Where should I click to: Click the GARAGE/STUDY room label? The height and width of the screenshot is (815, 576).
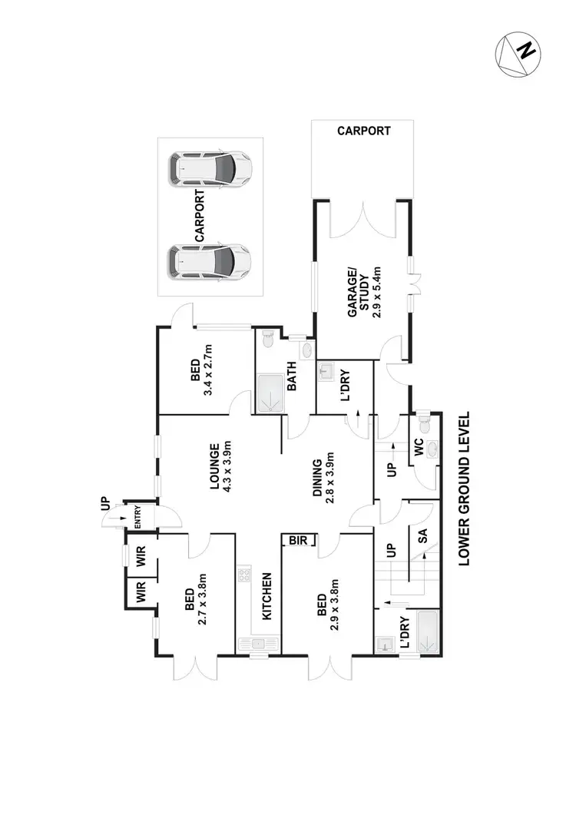point(355,290)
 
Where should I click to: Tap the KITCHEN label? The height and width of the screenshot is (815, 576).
point(266,596)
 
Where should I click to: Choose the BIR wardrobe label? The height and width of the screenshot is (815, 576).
point(297,541)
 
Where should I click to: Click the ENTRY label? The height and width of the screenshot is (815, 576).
point(139,515)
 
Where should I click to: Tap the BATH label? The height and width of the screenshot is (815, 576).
point(292,377)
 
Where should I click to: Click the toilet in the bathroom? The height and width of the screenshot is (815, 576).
point(267,339)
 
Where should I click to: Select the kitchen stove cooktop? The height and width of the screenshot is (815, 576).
point(246,575)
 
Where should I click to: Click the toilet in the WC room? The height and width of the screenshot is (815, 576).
point(432,448)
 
